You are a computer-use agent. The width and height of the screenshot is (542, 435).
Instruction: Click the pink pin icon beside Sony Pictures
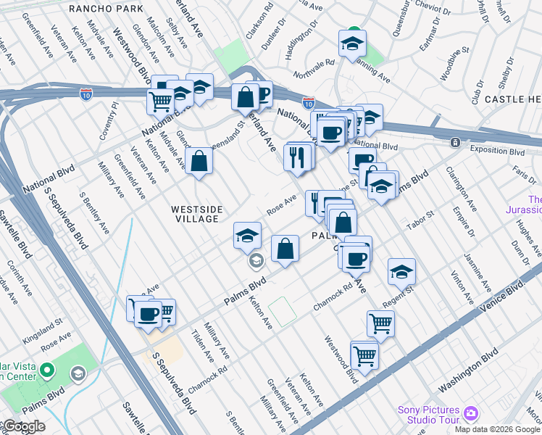(471, 413)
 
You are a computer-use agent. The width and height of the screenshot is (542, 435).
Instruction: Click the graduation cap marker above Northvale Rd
(353, 44)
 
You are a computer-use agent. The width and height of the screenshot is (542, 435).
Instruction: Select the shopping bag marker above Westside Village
(199, 162)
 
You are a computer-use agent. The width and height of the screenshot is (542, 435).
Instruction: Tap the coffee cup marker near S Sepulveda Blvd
(149, 314)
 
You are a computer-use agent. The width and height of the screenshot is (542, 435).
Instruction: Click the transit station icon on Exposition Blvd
(455, 142)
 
